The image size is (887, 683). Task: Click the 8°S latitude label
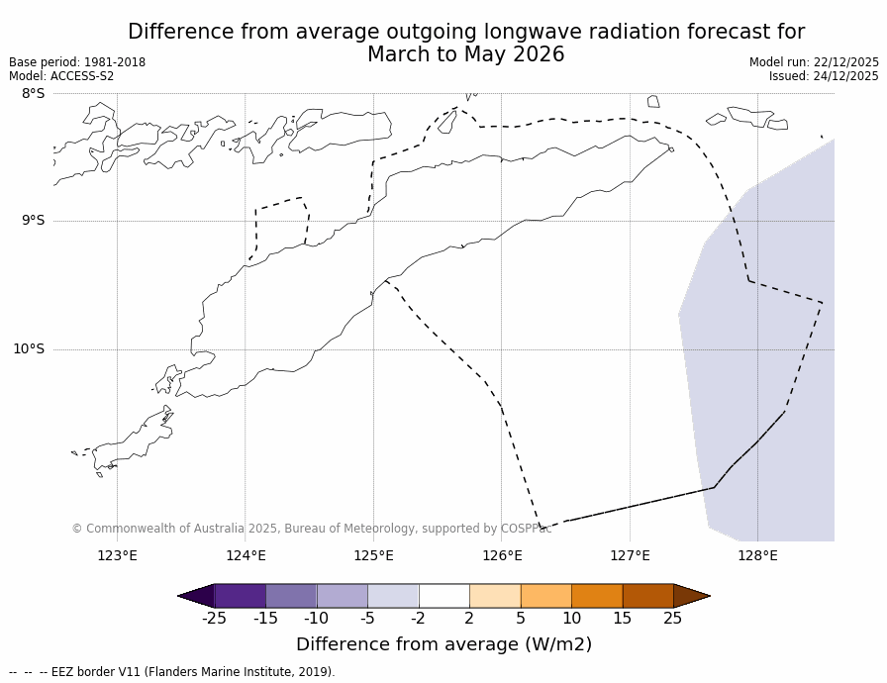click(33, 93)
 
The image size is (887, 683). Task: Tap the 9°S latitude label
click(33, 221)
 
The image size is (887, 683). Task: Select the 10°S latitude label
click(29, 348)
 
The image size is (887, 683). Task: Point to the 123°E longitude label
click(117, 555)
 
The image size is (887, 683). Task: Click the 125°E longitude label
click(373, 555)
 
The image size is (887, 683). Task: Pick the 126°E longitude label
click(502, 555)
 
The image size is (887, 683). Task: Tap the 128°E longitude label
click(757, 555)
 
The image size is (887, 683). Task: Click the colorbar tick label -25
click(214, 619)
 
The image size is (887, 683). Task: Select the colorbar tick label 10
click(571, 619)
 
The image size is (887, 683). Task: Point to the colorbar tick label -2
click(418, 619)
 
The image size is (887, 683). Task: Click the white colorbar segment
click(443, 596)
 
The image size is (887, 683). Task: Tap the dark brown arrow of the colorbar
click(690, 596)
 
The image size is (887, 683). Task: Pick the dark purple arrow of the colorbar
click(197, 596)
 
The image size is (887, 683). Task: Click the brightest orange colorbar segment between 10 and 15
click(597, 596)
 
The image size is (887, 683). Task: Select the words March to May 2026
click(465, 55)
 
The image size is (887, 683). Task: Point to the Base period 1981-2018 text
click(77, 62)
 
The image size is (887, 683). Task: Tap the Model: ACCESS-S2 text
click(61, 76)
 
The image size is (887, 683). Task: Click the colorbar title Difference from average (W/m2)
click(443, 644)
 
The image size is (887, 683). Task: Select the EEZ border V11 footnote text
click(188, 672)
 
